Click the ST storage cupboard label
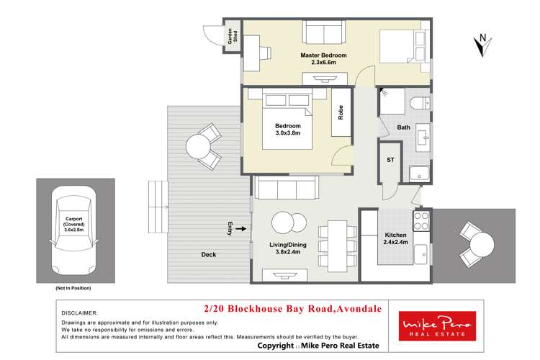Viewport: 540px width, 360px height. [391, 160]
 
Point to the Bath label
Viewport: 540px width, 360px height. [403, 128]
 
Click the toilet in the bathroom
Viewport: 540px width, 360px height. [416, 106]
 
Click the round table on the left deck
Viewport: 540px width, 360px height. [198, 146]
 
